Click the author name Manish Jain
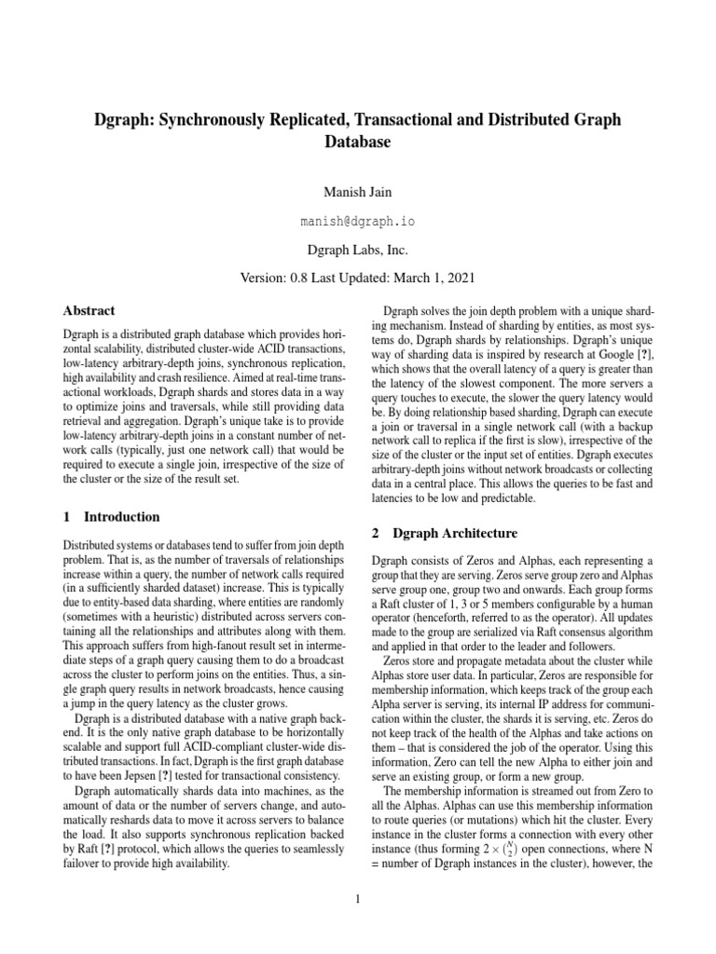point(358,192)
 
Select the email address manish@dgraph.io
point(358,222)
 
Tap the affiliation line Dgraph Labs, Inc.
point(358,250)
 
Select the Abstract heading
point(89,311)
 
